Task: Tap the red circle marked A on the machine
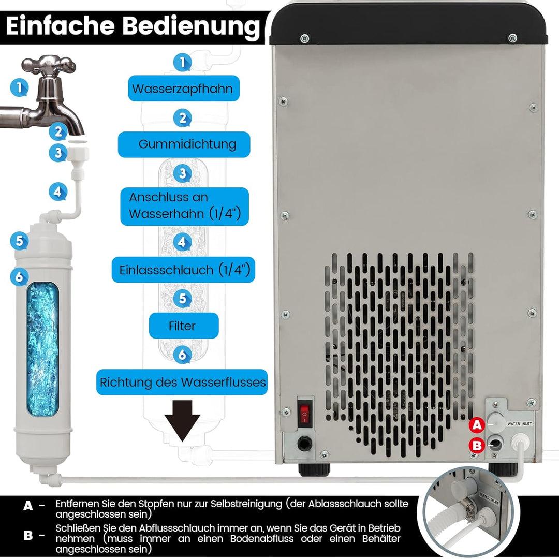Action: [477, 425]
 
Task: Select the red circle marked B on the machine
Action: [477, 446]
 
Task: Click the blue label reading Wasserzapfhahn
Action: [182, 89]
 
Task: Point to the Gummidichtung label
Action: [184, 144]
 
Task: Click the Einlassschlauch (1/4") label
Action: [184, 270]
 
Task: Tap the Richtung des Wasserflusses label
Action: [183, 383]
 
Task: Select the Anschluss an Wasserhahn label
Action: [184, 205]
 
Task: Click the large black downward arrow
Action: [182, 420]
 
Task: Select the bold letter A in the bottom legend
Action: [28, 506]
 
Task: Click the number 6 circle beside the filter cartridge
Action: [19, 277]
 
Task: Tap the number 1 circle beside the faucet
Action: [19, 87]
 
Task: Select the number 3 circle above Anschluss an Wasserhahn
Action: [182, 173]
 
